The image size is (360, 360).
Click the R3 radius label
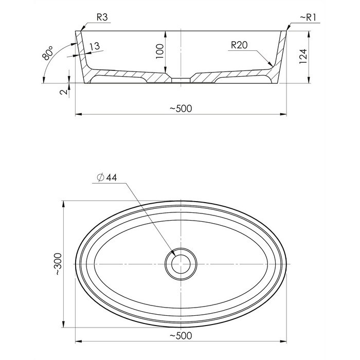pyautogui.click(x=102, y=17)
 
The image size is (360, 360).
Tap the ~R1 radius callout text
pyautogui.click(x=308, y=17)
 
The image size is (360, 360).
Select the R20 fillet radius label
pyautogui.click(x=239, y=45)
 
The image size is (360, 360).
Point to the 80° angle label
pyautogui.click(x=47, y=53)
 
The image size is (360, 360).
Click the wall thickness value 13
pyautogui.click(x=95, y=46)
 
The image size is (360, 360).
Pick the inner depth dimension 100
pyautogui.click(x=159, y=51)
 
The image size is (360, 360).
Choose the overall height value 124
pyautogui.click(x=303, y=57)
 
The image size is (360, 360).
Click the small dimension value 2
pyautogui.click(x=64, y=92)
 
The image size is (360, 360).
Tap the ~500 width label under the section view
pyautogui.click(x=181, y=109)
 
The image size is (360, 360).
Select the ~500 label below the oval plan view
pyautogui.click(x=181, y=336)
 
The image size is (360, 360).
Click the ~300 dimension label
pyautogui.click(x=58, y=264)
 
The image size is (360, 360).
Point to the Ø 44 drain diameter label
pyautogui.click(x=107, y=177)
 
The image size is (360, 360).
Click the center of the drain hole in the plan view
pyautogui.click(x=181, y=264)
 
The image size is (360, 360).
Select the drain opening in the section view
pyautogui.click(x=181, y=80)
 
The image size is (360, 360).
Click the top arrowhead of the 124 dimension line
pyautogui.click(x=309, y=34)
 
